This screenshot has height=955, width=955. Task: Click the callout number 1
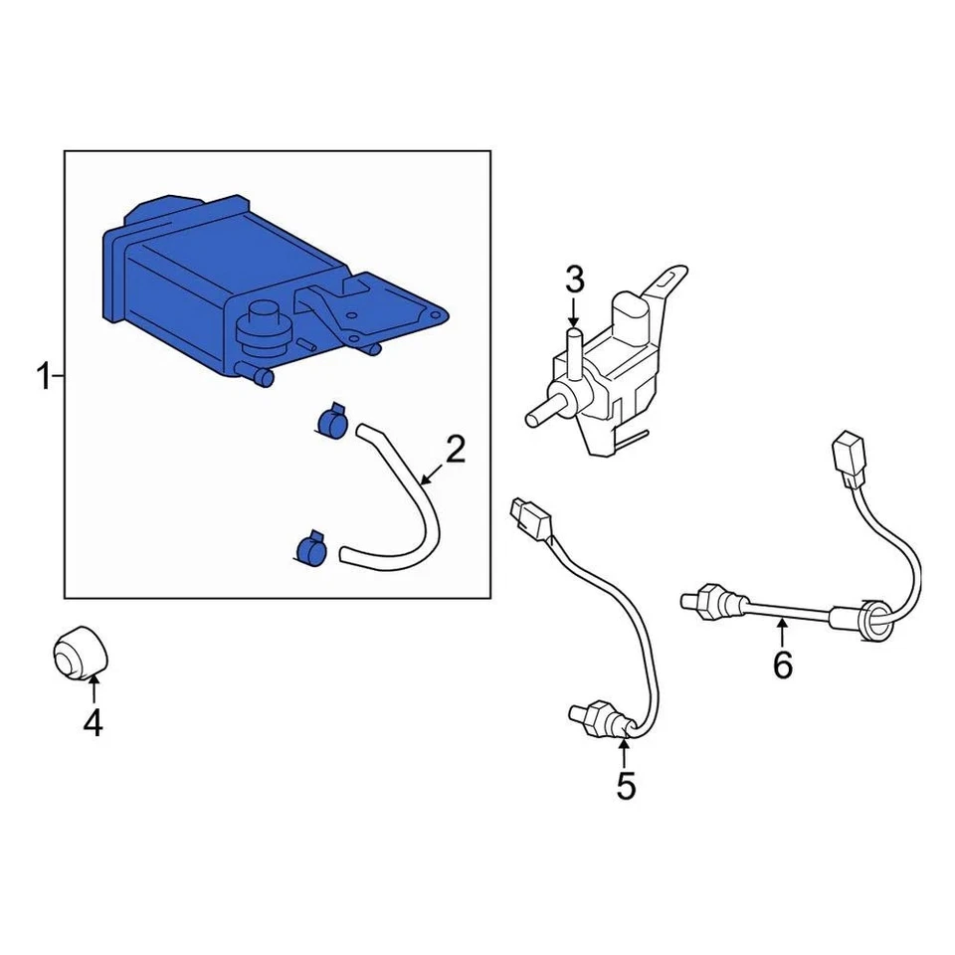point(43,378)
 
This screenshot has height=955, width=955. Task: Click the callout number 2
point(455,451)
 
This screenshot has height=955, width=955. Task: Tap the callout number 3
point(574,282)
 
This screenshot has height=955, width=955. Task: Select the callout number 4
point(93,723)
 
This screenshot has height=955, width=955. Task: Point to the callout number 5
point(625,785)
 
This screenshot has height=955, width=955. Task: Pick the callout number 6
point(783,664)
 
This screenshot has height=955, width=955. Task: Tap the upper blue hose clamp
point(329,420)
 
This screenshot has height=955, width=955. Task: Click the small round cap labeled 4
point(79,656)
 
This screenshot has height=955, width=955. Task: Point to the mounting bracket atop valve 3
point(668,284)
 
